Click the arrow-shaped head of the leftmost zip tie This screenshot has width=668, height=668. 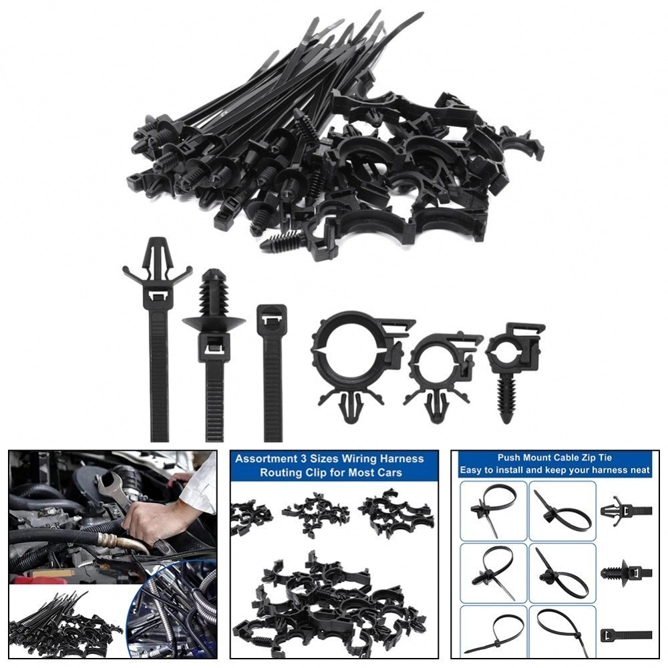coord(158,257)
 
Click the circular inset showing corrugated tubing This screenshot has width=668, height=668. coord(175,611)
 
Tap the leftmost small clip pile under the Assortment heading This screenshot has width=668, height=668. coord(251,518)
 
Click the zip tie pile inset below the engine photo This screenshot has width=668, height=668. coord(63,621)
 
